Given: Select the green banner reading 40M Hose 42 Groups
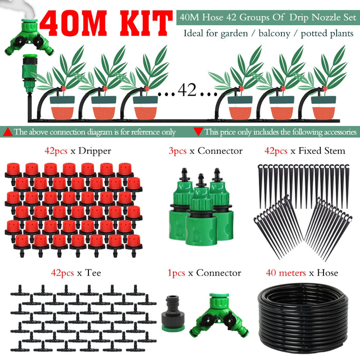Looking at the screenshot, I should pyautogui.click(x=267, y=17).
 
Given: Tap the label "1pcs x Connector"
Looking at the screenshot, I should pyautogui.click(x=205, y=273).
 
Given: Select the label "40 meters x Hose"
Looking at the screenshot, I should pyautogui.click(x=301, y=273).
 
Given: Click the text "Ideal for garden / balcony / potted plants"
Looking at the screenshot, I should pyautogui.click(x=268, y=34).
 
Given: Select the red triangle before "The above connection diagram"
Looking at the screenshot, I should pyautogui.click(x=8, y=132).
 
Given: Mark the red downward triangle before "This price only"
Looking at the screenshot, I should pyautogui.click(x=198, y=132).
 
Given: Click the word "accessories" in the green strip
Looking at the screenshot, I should pyautogui.click(x=334, y=132).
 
